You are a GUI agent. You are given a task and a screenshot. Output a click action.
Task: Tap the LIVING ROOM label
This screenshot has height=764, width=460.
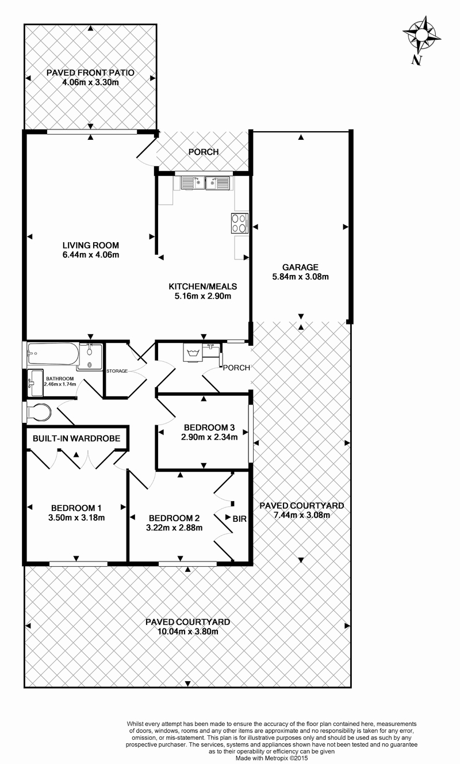point(91,245)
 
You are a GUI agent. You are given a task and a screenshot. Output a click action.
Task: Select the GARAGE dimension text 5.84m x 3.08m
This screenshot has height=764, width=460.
point(300,277)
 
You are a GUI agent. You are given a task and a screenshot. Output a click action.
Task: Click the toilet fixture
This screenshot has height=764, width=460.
point(39,412)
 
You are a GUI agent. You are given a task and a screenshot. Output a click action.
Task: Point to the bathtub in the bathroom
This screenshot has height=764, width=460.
point(53,354)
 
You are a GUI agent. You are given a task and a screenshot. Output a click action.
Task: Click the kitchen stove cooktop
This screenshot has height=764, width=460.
point(239,223)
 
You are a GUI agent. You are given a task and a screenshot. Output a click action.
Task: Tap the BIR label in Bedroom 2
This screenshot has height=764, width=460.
point(239,519)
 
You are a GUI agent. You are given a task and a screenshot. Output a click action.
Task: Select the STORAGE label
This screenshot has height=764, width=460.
point(117,371)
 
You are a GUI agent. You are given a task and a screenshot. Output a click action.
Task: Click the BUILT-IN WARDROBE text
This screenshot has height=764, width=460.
point(76,438)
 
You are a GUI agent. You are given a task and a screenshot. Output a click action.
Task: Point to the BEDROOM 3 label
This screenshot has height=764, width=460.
point(209,427)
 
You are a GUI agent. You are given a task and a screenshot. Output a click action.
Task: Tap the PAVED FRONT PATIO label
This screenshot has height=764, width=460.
point(90,72)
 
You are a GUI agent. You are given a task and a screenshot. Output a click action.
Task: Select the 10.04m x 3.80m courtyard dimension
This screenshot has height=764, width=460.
point(187,631)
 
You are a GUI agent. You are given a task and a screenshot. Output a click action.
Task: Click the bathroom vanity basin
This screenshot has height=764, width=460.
point(35,383)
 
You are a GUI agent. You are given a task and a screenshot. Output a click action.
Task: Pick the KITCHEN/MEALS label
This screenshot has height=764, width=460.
point(203,286)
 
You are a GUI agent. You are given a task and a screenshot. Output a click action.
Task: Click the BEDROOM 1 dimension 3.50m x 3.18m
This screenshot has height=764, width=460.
point(76,518)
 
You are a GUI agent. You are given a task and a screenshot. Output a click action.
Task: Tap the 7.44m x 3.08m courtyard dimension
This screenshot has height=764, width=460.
point(301,515)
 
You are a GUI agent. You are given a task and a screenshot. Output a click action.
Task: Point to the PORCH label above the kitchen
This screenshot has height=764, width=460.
point(204,152)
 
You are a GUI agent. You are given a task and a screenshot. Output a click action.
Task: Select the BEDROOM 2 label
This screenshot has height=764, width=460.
point(174,518)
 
